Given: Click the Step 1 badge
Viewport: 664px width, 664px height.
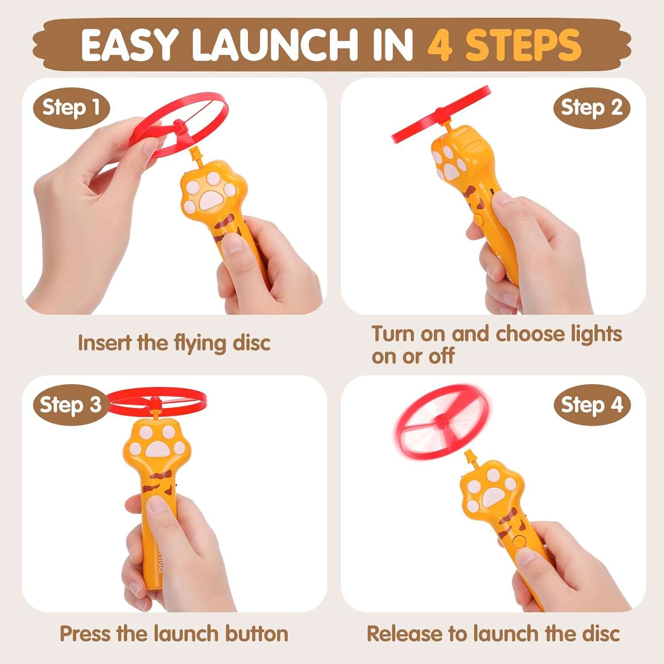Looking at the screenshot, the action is (x=71, y=108).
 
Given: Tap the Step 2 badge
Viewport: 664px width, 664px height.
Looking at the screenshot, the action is (x=592, y=108).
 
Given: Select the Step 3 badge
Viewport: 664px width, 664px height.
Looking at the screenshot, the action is (x=71, y=405).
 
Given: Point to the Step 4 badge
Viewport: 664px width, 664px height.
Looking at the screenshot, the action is (x=592, y=405).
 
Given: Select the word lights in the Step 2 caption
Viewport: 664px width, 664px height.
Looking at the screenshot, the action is (x=596, y=334).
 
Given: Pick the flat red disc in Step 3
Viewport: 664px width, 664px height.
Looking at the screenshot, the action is (x=157, y=397).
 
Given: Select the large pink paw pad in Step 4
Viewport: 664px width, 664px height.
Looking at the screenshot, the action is (x=493, y=496).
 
